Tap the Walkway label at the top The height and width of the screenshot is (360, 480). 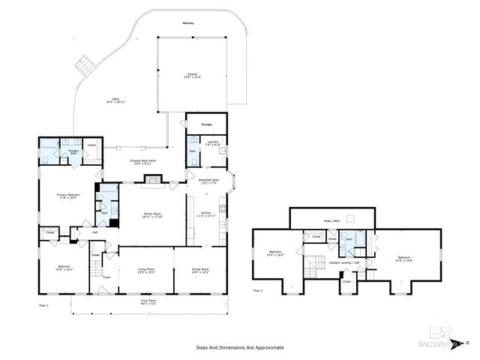pos(187,23)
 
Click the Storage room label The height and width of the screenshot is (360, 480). pos(206,124)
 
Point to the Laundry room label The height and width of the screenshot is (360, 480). pos(212,142)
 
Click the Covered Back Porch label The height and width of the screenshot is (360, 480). pos(142,163)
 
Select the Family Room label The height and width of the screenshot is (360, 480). pos(153,215)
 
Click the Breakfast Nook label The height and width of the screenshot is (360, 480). pos(208,181)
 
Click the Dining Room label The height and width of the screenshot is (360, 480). pos(200,271)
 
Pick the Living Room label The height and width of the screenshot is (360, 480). pos(145,271)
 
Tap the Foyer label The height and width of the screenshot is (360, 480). pos(106,277)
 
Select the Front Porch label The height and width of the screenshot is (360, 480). pos(148,303)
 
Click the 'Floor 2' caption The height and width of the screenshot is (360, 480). pos(258,290)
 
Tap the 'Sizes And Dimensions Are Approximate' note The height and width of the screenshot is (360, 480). pos(240,347)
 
